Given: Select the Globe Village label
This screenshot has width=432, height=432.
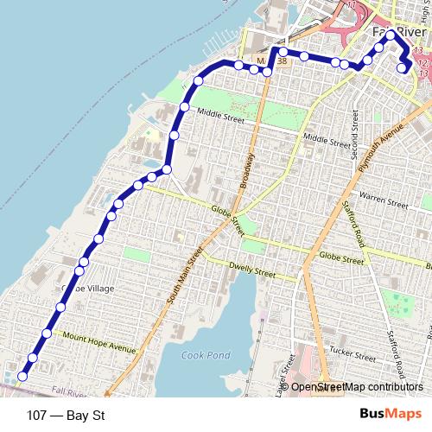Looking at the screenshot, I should (x=83, y=289).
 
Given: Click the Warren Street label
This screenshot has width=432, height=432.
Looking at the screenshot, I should (x=384, y=202).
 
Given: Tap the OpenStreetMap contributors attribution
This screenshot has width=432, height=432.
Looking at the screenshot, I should (x=357, y=387).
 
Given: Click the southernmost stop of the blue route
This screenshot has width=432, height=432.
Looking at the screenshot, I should (x=22, y=376).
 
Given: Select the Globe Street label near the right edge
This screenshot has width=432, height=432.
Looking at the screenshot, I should (x=340, y=257).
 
